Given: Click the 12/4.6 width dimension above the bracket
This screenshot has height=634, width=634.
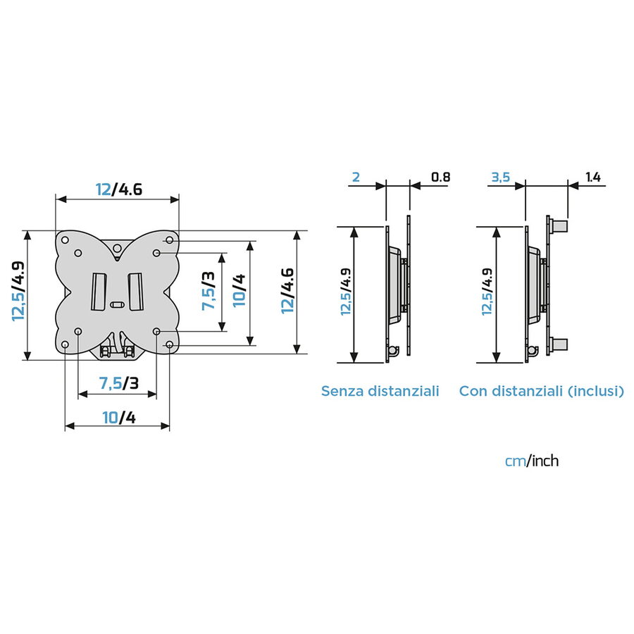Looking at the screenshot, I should pos(118,189).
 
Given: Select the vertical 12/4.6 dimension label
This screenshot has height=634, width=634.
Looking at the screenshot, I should pos(287,290).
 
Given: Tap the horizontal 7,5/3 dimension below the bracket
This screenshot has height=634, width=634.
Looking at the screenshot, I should pos(118,383).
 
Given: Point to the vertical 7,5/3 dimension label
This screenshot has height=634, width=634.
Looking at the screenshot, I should pos(209,291).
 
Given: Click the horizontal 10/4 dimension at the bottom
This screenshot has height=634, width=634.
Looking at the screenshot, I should pos(118,417).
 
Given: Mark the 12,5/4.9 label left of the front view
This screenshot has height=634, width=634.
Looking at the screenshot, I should pos(18,291).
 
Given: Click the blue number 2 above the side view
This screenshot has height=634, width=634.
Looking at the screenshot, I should pos(356,178).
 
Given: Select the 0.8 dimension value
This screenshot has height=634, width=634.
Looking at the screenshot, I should pos(440,178).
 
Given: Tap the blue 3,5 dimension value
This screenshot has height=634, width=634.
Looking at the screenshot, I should pos(500,178).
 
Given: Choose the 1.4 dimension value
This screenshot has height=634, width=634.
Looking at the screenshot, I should pos(592,178).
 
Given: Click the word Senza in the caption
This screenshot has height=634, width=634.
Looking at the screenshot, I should pos(342,391).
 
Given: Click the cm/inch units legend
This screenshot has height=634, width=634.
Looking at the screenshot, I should pos(532,461).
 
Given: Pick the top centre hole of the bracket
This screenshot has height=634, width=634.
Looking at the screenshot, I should pos(118,247).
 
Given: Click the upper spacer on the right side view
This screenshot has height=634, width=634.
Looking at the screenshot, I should pos(559,226).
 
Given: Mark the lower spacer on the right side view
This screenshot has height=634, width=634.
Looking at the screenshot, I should pos(559,344).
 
